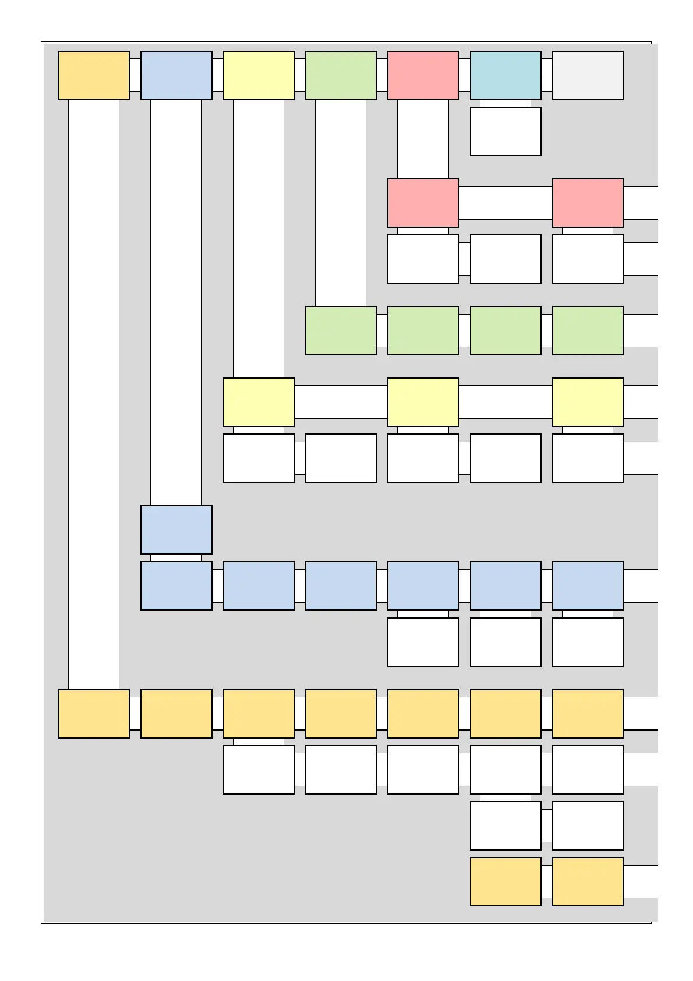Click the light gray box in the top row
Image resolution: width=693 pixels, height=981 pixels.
click(x=587, y=75)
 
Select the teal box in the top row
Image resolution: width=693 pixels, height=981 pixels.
click(x=505, y=75)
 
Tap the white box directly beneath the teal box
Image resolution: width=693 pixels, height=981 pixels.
click(x=505, y=131)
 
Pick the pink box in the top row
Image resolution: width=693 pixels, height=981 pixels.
click(x=423, y=75)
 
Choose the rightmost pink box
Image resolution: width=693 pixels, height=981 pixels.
click(x=587, y=203)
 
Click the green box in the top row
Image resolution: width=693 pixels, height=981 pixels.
click(x=341, y=75)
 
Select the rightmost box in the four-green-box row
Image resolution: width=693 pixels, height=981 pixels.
click(x=587, y=330)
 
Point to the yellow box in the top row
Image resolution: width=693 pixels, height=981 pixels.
click(x=258, y=75)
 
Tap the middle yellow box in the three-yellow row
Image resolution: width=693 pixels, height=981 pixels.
click(x=423, y=402)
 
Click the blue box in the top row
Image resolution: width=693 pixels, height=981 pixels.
click(x=176, y=75)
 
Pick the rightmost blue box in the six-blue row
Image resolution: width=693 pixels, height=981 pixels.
click(x=587, y=585)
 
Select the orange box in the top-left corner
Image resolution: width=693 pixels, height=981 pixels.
click(x=94, y=75)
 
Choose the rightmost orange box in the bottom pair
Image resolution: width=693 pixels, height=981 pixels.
click(x=587, y=881)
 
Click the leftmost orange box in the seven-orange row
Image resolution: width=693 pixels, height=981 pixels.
click(x=94, y=714)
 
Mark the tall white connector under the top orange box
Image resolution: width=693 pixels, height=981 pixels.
click(x=94, y=394)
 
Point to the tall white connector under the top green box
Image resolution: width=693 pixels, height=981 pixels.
click(x=341, y=203)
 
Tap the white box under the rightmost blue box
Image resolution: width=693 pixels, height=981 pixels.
click(x=587, y=642)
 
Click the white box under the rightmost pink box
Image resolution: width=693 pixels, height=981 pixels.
click(x=587, y=259)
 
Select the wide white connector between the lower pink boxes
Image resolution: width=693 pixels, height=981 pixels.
click(x=505, y=203)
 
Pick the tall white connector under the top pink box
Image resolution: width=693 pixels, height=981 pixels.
click(x=423, y=139)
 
